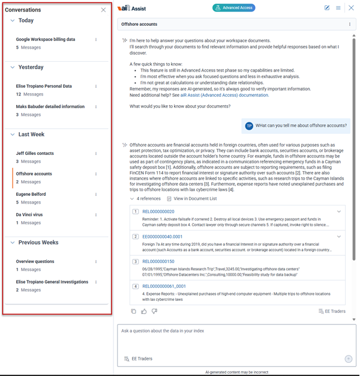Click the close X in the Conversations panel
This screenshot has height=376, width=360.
[x=103, y=10]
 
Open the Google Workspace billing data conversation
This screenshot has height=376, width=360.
[x=46, y=40]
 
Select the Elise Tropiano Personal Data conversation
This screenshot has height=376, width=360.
[x=44, y=86]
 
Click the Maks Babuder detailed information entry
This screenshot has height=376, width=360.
[x=50, y=107]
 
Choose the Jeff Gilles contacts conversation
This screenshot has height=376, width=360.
[x=35, y=154]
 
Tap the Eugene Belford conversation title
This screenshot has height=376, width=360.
[x=31, y=195]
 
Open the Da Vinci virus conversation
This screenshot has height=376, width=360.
[x=29, y=215]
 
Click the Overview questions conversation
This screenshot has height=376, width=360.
[x=35, y=262]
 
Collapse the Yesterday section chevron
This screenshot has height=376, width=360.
[x=13, y=67]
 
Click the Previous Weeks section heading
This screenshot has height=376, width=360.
[x=38, y=243]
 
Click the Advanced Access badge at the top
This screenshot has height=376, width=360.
[x=234, y=8]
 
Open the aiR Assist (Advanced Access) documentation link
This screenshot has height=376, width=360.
[x=229, y=95]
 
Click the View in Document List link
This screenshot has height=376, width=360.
[x=195, y=198]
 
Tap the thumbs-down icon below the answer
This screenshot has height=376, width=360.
[x=154, y=311]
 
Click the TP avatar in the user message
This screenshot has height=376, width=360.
[x=249, y=126]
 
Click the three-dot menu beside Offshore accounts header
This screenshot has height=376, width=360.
[x=350, y=25]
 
